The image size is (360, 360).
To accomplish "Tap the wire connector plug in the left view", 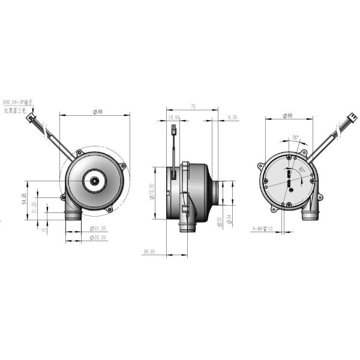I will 29,119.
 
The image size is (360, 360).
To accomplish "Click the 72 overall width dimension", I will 193,106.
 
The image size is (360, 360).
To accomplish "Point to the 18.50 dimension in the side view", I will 175,118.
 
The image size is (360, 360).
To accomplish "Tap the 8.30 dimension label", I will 232,118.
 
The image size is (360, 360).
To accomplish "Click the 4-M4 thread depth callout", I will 263,229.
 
